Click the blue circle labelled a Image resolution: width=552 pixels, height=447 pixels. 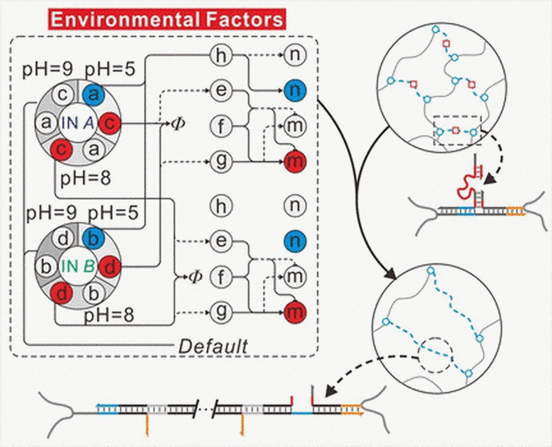pyautogui.click(x=93, y=95)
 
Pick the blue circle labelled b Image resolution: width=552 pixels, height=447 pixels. pyautogui.click(x=93, y=238)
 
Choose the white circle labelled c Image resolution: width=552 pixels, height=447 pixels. pyautogui.click(x=63, y=95)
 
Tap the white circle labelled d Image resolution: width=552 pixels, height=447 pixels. pyautogui.click(x=63, y=238)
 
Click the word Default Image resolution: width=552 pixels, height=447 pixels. pyautogui.click(x=213, y=346)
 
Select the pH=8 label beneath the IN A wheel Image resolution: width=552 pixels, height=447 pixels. pyautogui.click(x=85, y=178)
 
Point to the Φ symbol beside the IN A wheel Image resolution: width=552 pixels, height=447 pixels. pyautogui.click(x=178, y=123)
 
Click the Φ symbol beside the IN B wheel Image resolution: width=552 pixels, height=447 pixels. pyautogui.click(x=195, y=277)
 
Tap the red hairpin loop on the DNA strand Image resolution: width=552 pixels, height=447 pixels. pyautogui.click(x=465, y=188)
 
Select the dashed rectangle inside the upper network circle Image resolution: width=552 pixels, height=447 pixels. pyautogui.click(x=457, y=131)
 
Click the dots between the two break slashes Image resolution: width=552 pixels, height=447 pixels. pyautogui.click(x=205, y=409)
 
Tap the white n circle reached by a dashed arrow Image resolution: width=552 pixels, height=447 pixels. pyautogui.click(x=295, y=55)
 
